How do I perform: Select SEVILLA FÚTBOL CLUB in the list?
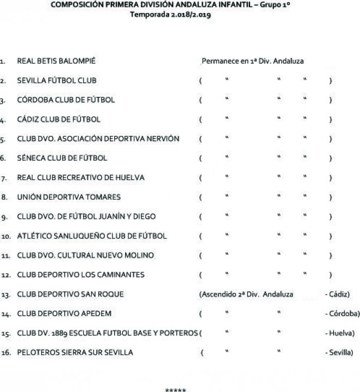click(57, 81)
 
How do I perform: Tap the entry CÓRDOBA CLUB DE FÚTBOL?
click(66, 100)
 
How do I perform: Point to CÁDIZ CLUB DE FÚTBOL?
click(59, 119)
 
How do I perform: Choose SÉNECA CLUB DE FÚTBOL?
click(62, 158)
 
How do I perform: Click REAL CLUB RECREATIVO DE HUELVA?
click(80, 177)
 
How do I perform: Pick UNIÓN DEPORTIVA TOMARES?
click(69, 197)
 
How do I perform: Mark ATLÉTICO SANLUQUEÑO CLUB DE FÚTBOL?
click(92, 236)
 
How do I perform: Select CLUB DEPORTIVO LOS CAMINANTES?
click(80, 275)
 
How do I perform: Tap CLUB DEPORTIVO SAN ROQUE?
click(71, 295)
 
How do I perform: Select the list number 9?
click(4, 217)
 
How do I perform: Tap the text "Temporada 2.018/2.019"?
click(170, 15)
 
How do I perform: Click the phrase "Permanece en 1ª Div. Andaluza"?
click(252, 61)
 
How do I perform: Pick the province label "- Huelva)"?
click(340, 333)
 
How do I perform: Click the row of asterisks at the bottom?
click(175, 390)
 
